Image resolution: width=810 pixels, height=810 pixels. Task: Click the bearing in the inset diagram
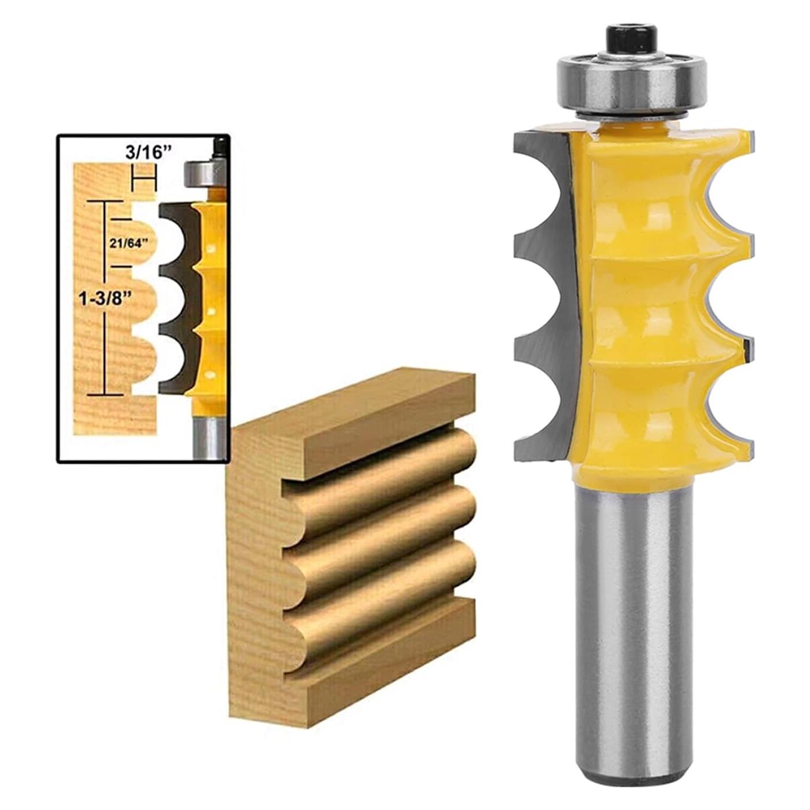tap(197, 174)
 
